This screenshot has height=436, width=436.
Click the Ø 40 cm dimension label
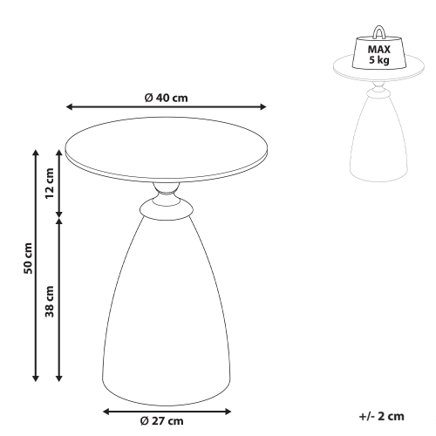click(167, 98)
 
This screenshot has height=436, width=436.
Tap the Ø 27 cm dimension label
click(162, 421)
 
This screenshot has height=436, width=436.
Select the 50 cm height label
click(28, 258)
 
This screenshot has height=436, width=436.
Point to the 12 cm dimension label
click(50, 183)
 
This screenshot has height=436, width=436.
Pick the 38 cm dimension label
click(50, 302)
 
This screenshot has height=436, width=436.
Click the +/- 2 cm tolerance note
click(382, 416)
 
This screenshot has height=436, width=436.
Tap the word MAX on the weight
click(379, 50)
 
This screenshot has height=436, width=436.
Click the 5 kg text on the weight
click(379, 60)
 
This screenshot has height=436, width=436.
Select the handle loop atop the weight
click(379, 31)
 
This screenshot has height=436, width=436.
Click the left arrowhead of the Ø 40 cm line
click(69, 107)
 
